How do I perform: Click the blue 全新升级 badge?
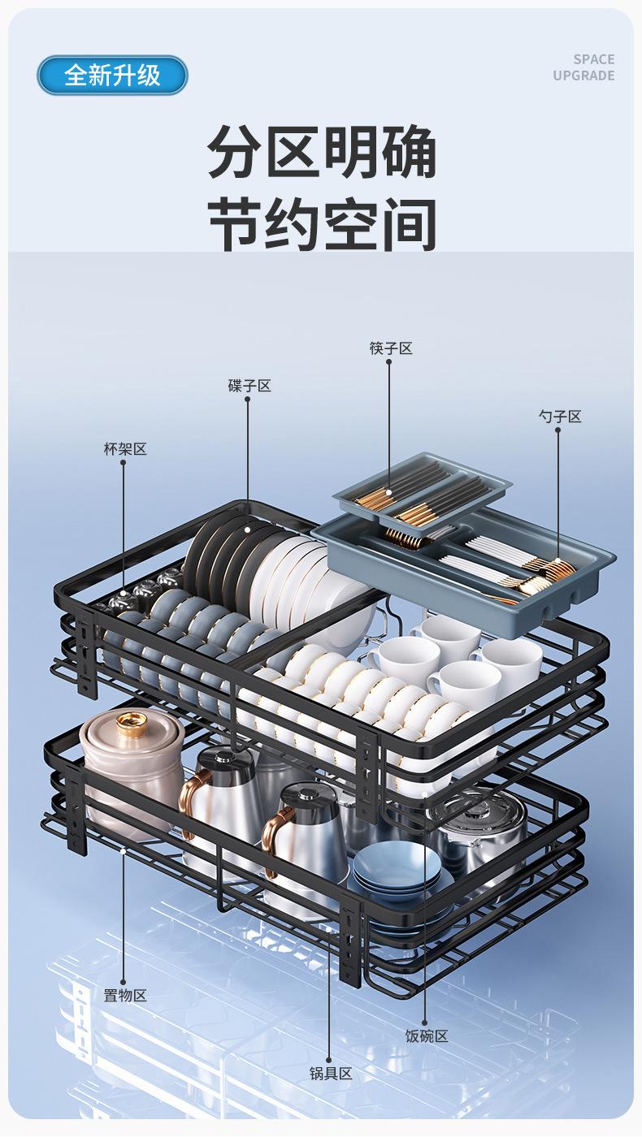coord(112,75)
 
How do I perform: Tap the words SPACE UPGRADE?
coord(583,67)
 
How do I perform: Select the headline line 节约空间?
coord(322,224)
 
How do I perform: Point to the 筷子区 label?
coord(391,348)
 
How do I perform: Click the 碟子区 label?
coord(249,386)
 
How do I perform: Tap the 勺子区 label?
coord(560,417)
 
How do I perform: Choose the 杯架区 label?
coord(125,448)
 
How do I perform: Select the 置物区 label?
coord(125,996)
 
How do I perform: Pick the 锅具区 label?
coord(331,1074)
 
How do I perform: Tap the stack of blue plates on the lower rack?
coord(397,870)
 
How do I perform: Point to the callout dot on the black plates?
coord(248,529)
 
